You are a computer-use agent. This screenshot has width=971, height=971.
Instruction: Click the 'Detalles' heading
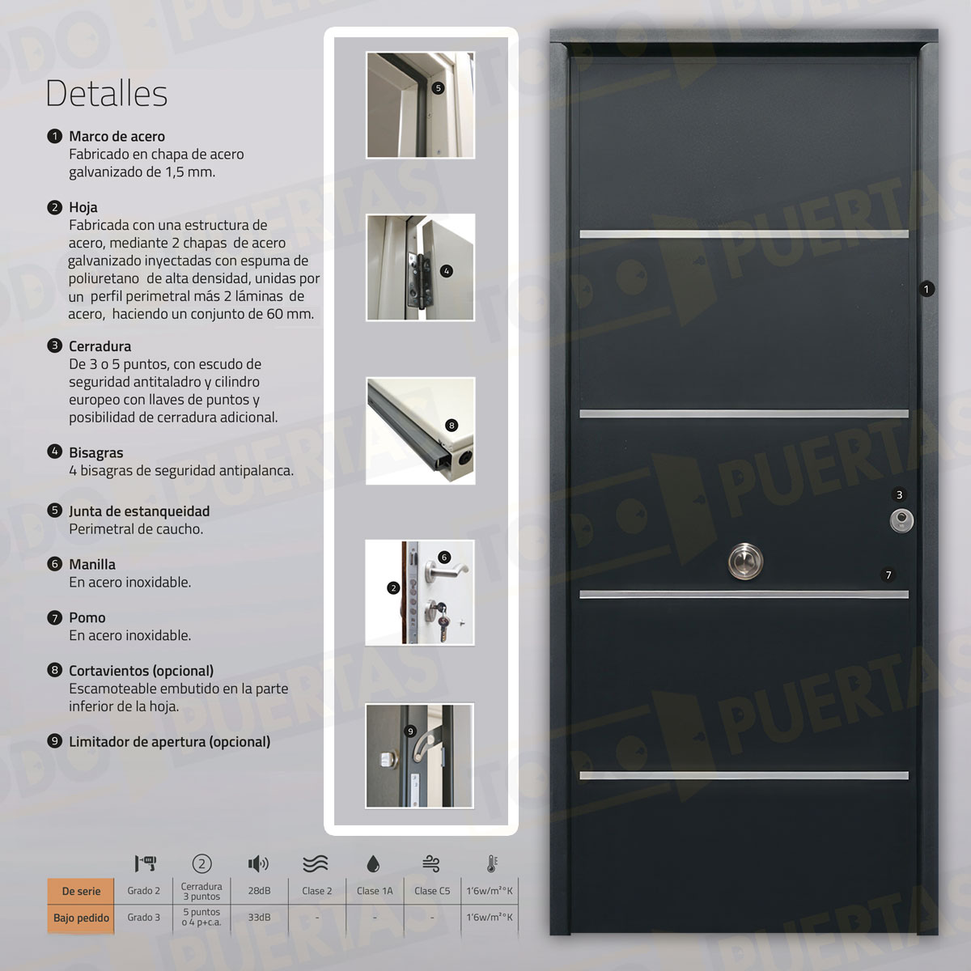click(x=106, y=94)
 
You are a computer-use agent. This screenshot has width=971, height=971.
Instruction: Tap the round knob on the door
click(x=744, y=561)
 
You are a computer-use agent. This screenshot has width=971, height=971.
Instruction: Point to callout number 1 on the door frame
click(x=926, y=289)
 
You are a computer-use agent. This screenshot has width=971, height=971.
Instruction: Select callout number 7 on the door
click(x=888, y=575)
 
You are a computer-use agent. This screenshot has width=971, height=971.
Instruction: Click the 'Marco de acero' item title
click(x=117, y=137)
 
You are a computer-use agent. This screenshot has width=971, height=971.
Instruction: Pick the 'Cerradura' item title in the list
click(x=100, y=346)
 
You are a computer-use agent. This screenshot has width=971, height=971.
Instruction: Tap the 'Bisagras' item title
click(x=95, y=453)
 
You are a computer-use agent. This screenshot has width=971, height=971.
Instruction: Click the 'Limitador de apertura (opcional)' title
click(x=169, y=742)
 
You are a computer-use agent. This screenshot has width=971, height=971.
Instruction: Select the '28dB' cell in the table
click(x=259, y=891)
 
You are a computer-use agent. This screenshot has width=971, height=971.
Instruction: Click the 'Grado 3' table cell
click(x=143, y=918)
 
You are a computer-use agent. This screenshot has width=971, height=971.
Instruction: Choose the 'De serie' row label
click(x=81, y=891)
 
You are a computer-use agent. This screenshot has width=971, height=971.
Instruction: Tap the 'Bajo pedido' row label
click(x=81, y=918)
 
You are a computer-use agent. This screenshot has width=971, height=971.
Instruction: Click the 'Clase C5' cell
click(x=432, y=891)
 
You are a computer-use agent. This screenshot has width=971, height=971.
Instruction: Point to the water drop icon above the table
click(x=373, y=864)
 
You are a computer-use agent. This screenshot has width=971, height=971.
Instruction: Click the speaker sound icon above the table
click(x=258, y=864)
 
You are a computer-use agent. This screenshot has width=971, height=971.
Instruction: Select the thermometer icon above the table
click(x=491, y=864)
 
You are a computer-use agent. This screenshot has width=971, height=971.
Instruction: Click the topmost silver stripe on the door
click(x=744, y=234)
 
